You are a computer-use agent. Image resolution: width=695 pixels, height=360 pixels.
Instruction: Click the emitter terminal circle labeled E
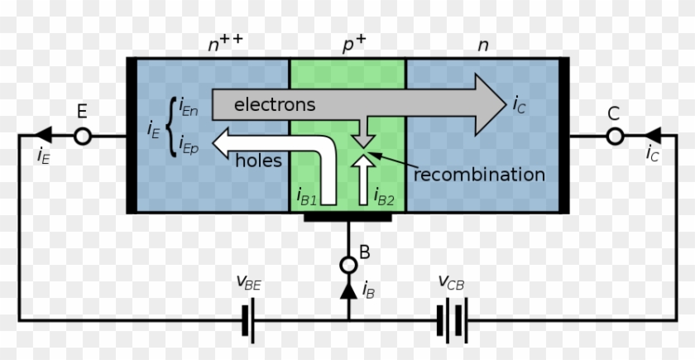82,136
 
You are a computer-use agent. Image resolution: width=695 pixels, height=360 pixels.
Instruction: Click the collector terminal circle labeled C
613,136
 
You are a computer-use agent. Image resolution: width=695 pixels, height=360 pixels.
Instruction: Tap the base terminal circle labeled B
348,264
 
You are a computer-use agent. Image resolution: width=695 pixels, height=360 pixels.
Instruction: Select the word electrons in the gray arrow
274,104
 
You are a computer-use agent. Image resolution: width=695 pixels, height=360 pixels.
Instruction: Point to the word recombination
479,175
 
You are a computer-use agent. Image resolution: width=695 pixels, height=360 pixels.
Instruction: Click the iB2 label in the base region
383,196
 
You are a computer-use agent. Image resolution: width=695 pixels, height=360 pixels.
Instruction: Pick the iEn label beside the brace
188,108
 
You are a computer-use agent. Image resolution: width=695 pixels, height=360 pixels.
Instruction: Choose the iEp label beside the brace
188,146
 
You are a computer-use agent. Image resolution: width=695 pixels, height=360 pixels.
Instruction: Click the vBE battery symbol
247,319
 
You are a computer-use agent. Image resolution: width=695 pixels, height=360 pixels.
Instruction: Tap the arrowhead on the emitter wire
42,136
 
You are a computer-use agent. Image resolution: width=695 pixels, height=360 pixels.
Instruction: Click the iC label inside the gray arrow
518,104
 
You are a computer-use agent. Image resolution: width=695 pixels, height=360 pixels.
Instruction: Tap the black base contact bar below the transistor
347,218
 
